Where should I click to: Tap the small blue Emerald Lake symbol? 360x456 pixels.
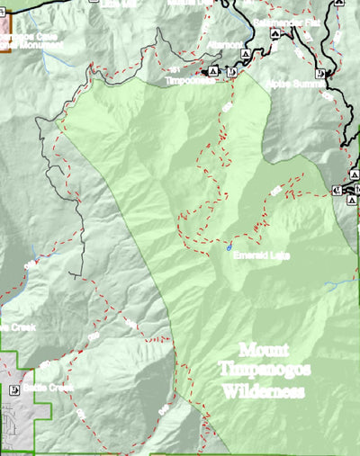click(x=230, y=246)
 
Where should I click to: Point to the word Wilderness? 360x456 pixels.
click(x=265, y=391)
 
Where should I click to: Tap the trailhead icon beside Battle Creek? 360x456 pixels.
click(x=14, y=391)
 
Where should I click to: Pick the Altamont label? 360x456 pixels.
click(x=225, y=44)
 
